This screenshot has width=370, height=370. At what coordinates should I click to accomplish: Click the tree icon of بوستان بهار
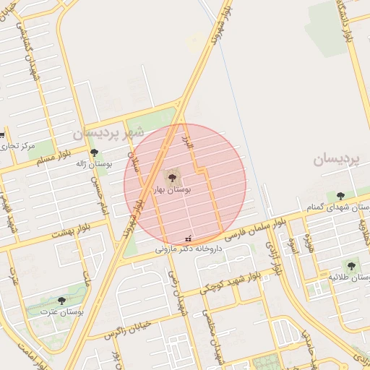pyautogui.click(x=171, y=177)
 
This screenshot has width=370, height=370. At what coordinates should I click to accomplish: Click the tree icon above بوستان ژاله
pyautogui.click(x=94, y=152)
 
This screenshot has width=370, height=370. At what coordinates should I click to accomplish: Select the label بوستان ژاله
pyautogui.click(x=94, y=164)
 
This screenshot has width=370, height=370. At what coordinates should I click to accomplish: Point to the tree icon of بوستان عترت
pyautogui.click(x=61, y=300)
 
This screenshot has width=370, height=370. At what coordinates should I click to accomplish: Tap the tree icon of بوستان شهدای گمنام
pyautogui.click(x=340, y=195)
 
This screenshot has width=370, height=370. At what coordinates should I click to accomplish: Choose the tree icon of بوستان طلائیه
pyautogui.click(x=351, y=266)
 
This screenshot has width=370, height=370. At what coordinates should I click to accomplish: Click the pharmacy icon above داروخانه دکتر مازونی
pyautogui.click(x=189, y=238)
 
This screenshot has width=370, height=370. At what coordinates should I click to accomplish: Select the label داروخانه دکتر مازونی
pyautogui.click(x=189, y=249)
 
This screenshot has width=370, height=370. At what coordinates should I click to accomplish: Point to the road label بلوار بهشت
pyautogui.click(x=71, y=231)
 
